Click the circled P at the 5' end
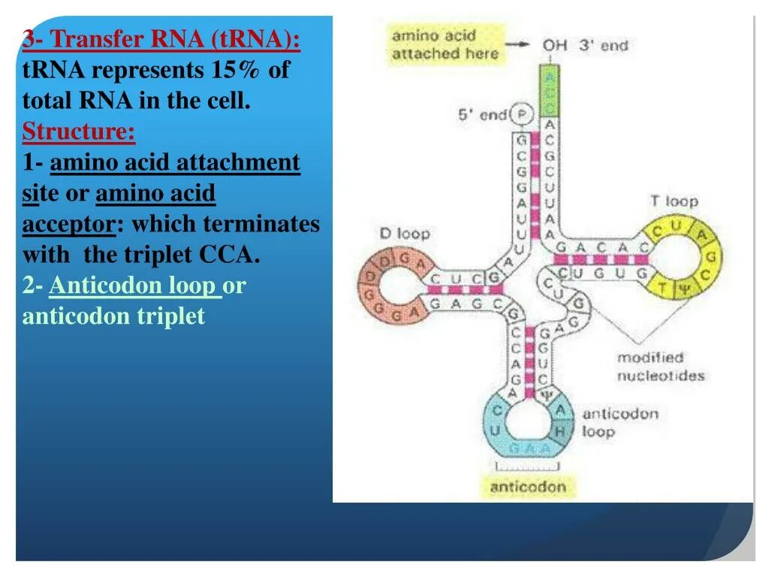click(521, 114)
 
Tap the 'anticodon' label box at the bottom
click(527, 486)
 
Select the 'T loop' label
click(674, 201)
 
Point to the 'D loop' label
click(405, 234)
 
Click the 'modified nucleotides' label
click(661, 367)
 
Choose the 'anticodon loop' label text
click(620, 422)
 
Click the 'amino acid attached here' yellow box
click(445, 44)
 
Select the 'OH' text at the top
click(555, 45)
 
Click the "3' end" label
click(603, 45)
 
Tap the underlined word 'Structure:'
click(79, 132)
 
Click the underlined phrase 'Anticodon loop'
click(135, 285)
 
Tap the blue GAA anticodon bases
click(530, 448)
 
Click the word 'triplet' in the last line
click(170, 316)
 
